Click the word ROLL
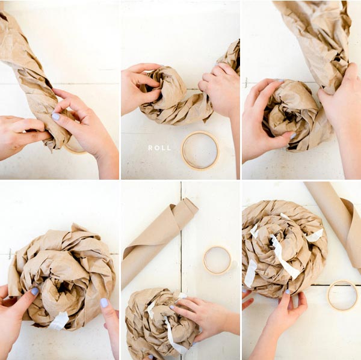click(159, 148)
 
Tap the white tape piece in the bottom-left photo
click(59, 320)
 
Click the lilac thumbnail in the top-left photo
click(56, 117)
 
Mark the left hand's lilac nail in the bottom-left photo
click(35, 291)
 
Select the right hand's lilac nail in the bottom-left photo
click(104, 303)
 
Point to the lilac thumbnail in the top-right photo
click(293, 136)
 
